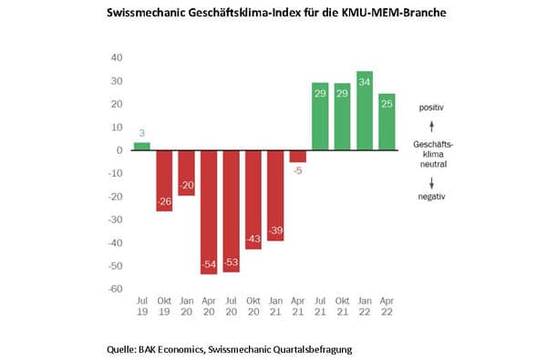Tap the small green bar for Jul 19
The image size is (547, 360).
tap(142, 146)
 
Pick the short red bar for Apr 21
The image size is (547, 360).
tap(297, 156)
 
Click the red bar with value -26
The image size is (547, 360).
tap(164, 180)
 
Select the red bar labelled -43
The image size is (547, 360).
tap(253, 200)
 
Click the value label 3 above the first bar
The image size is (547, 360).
tap(142, 135)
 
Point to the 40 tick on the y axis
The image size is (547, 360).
tap(116, 57)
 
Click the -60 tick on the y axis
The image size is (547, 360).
tap(114, 289)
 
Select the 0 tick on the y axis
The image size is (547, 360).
tap(119, 150)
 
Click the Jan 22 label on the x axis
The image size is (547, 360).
tap(365, 307)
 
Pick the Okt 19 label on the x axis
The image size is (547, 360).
tap(164, 307)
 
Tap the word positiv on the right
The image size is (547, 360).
tap(430, 108)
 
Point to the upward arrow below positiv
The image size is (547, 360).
tap(430, 125)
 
